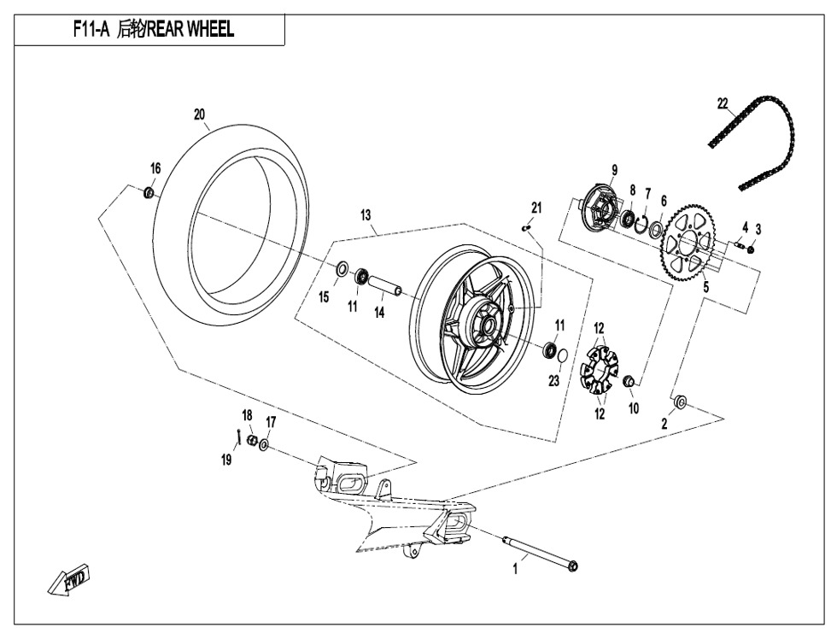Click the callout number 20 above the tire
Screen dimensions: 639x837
[x=199, y=114]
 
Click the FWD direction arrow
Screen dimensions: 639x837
[x=72, y=580]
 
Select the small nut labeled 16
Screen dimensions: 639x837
[x=149, y=192]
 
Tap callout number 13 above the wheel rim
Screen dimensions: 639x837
[x=366, y=215]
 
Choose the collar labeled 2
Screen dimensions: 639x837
[x=682, y=402]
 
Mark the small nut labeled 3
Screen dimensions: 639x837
[x=750, y=249]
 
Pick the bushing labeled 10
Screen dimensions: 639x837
[x=629, y=380]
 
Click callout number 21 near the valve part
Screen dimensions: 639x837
[x=536, y=208]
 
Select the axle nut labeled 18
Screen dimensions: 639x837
[x=252, y=440]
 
